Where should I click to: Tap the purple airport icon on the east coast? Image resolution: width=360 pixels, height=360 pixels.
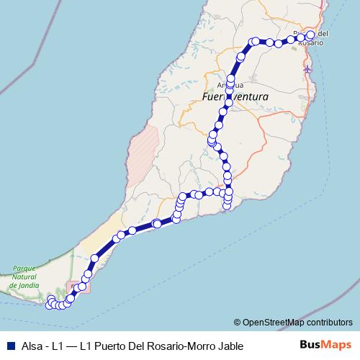309,69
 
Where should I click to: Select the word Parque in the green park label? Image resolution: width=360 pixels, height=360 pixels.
24,268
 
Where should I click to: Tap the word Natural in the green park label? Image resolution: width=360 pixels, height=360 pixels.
24,276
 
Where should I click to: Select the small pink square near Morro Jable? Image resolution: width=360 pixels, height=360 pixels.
79,287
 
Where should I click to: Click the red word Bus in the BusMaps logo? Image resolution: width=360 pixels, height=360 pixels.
310,346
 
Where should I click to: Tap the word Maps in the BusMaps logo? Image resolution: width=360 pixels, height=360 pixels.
336,346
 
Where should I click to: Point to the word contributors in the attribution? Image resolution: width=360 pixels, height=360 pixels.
328,323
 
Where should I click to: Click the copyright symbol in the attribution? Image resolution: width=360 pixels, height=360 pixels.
237,323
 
